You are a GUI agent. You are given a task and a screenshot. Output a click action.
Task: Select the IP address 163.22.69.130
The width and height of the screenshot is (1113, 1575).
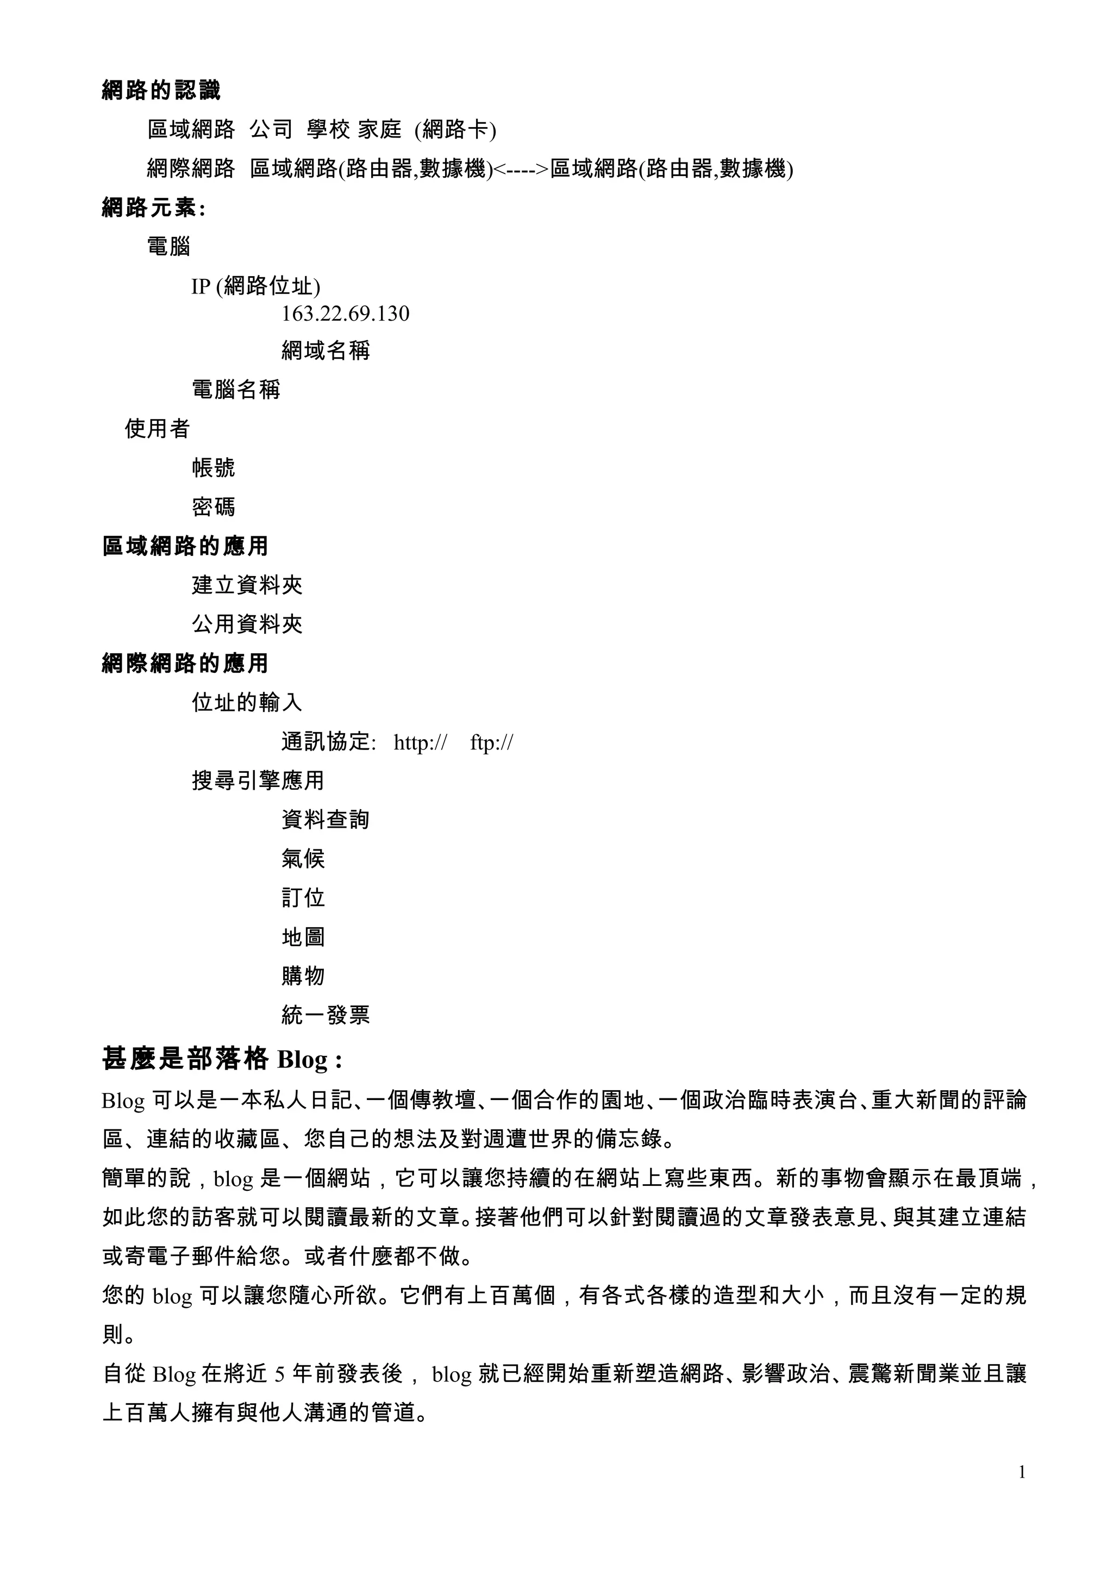coord(345,314)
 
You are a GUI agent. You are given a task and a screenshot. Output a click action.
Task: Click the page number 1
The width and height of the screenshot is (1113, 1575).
coord(1022,1471)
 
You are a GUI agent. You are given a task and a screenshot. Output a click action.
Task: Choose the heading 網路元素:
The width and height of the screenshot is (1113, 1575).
coord(154,207)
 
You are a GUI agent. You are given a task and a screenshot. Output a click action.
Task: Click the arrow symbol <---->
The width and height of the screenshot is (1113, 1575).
coord(521,168)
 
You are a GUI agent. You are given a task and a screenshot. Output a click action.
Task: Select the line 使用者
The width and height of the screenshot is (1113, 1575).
coord(157,429)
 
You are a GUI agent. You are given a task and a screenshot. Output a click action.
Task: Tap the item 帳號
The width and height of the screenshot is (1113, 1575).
coord(213,468)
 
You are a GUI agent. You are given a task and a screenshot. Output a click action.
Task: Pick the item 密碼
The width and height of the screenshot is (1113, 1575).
coord(213,507)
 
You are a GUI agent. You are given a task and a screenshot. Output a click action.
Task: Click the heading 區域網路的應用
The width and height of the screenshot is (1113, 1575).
coord(185,546)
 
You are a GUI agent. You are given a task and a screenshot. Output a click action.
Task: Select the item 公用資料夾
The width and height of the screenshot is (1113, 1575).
coord(247,623)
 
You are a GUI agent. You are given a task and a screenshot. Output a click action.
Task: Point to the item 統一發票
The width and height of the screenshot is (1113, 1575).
coord(326,1015)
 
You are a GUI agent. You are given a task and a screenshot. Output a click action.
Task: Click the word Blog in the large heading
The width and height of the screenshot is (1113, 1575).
coord(302,1060)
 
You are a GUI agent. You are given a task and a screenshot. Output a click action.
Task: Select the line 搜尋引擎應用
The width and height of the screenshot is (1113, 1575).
coord(258,780)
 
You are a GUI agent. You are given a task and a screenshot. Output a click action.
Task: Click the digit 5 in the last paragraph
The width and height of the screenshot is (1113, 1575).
coord(279,1374)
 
